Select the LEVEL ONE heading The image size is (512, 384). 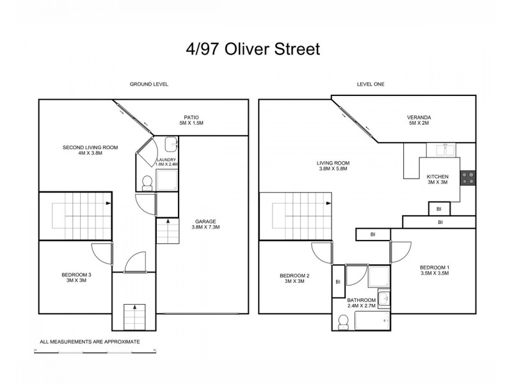pyautogui.click(x=370, y=84)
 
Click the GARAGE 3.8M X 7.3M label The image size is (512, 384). pyautogui.click(x=206, y=223)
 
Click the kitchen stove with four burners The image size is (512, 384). pyautogui.click(x=468, y=177)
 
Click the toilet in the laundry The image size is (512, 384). pyautogui.click(x=146, y=183)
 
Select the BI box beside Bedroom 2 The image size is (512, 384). pyautogui.click(x=337, y=282)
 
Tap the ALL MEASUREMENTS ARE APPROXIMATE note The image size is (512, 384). pyautogui.click(x=90, y=342)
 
